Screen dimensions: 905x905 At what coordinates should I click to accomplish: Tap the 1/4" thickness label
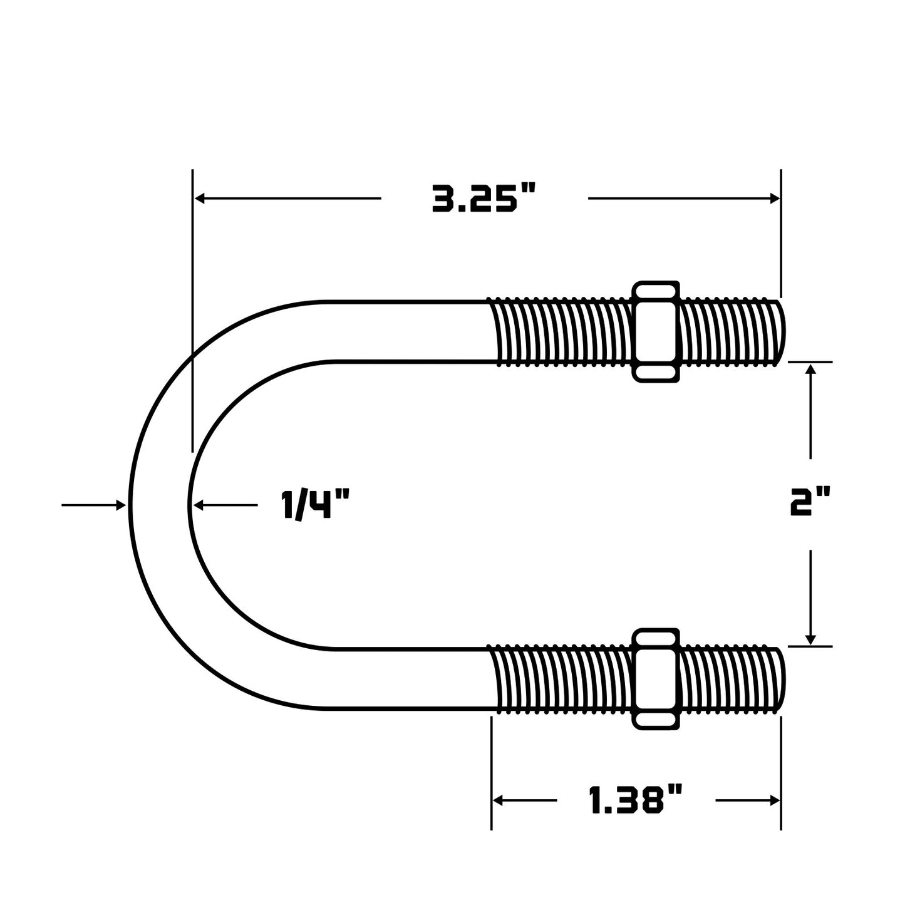coord(316,504)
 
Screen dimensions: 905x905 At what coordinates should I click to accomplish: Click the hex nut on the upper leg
coord(656,331)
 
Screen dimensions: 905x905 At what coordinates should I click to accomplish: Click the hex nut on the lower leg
coord(656,679)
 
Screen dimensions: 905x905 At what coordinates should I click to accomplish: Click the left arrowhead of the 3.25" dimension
coord(200,198)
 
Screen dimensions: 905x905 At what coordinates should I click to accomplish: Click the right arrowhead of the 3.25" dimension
coord(775,198)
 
